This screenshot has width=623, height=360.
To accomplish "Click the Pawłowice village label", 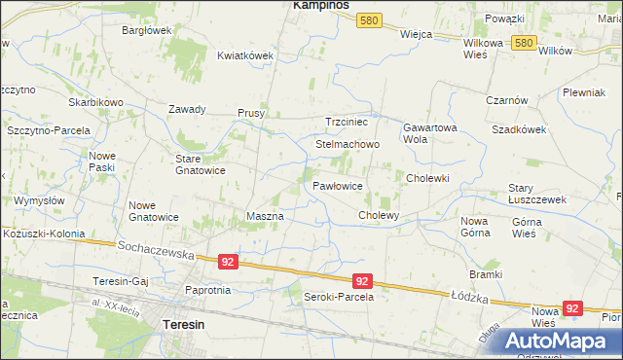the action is (x=338, y=185).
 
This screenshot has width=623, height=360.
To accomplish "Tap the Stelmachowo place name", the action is (x=348, y=144).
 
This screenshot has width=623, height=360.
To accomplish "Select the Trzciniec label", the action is (x=347, y=122).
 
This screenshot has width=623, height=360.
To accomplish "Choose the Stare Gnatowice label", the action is (x=200, y=164).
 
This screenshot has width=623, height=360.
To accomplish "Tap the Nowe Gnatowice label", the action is (x=154, y=211).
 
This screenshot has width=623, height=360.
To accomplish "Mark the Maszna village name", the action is (x=265, y=216).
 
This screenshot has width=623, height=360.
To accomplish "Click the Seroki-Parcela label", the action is (x=339, y=297).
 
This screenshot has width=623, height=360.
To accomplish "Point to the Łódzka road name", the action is (x=468, y=293).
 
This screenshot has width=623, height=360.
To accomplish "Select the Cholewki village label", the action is (x=427, y=178).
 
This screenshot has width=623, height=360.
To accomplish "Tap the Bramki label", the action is (x=485, y=274).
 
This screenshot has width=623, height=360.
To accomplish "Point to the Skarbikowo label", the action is (x=95, y=102).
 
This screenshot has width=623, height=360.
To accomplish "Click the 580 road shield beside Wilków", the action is (x=524, y=43).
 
